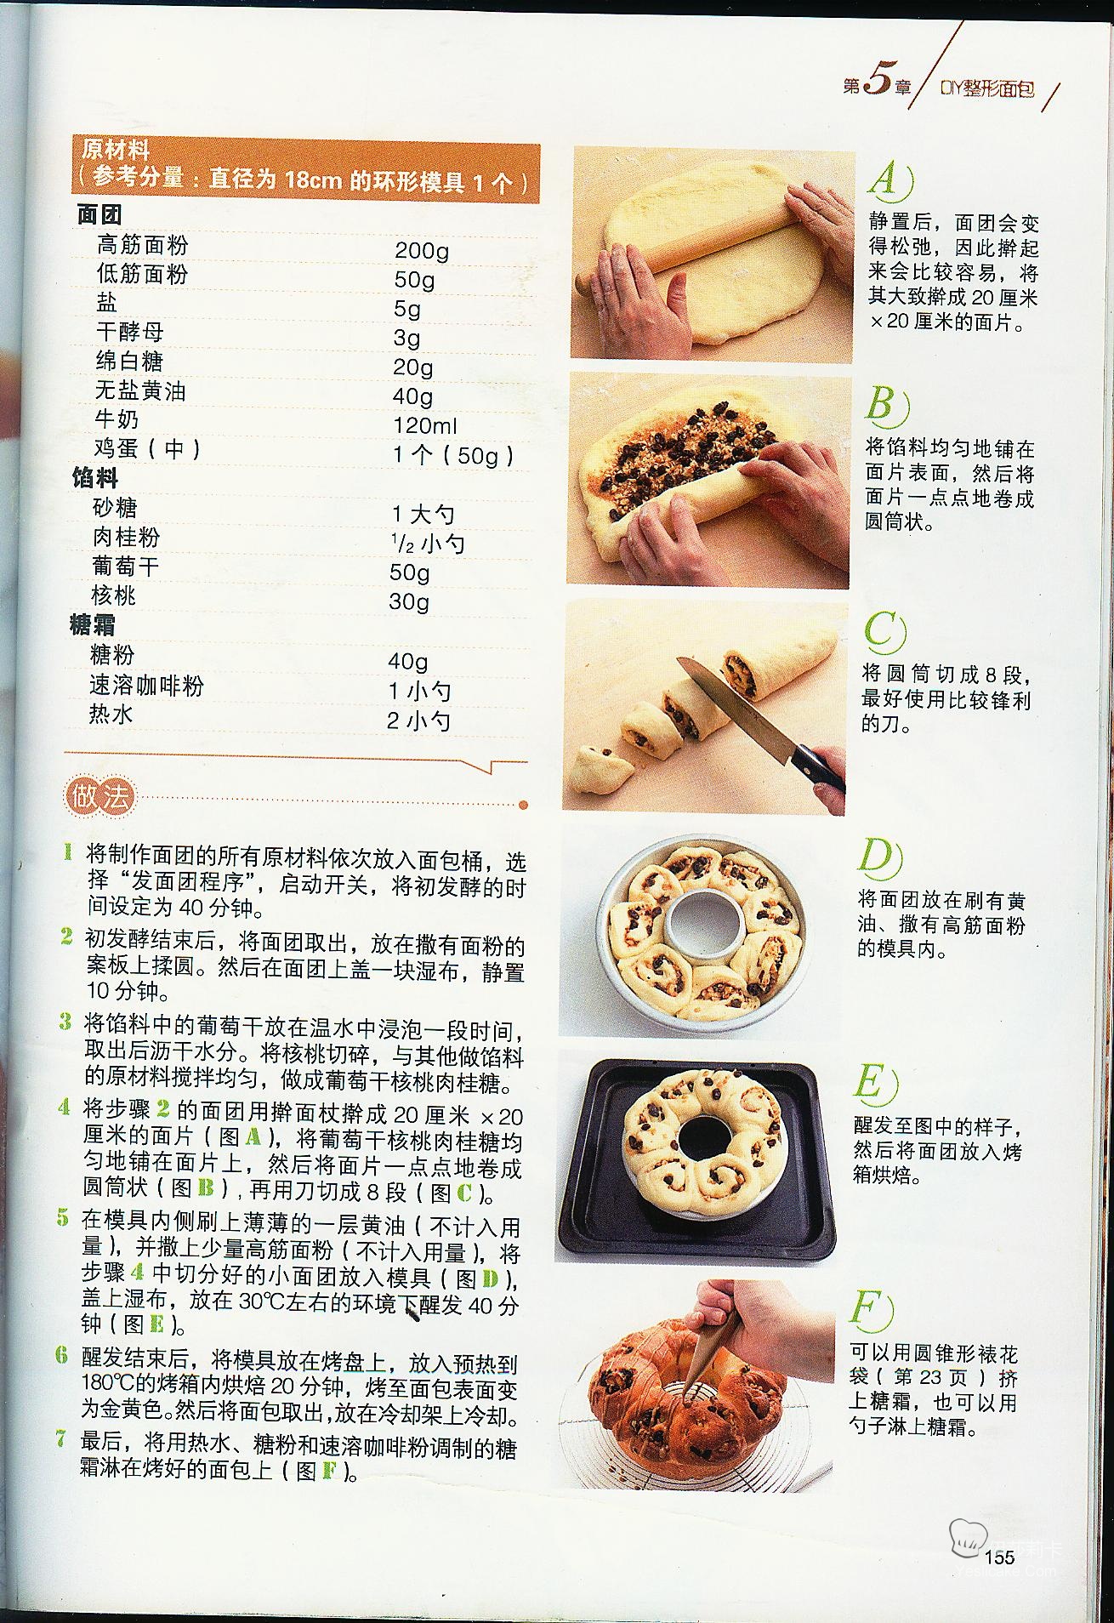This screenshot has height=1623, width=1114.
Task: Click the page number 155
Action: coord(999,1556)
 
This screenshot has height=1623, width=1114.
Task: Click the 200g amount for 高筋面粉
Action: coord(422,250)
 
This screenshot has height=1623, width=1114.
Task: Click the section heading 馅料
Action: coord(95,478)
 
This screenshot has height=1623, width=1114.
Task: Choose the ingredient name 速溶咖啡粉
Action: coord(146,686)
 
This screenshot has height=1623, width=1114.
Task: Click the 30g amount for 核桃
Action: coord(409,601)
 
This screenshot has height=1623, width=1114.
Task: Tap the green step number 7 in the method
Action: coord(60,1439)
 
